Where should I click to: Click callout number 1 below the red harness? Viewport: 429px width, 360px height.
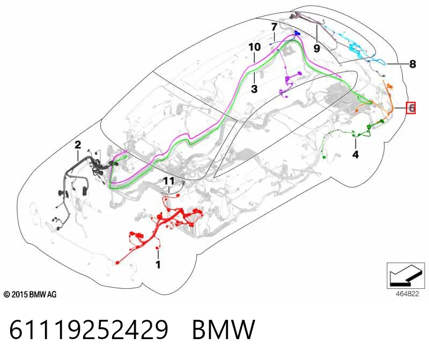[x=158, y=264]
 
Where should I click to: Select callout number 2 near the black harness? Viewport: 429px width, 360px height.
[x=78, y=145]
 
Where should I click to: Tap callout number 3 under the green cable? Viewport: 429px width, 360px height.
[x=254, y=89]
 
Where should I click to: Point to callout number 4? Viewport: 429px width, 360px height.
[x=356, y=154]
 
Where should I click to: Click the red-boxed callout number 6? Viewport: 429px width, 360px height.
[x=411, y=108]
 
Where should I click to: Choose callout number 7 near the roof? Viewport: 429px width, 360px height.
[x=274, y=27]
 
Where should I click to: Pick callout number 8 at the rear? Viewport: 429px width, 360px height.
[x=412, y=64]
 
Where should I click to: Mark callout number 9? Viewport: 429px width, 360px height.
[x=316, y=48]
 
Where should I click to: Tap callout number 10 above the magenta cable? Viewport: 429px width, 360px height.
[x=254, y=47]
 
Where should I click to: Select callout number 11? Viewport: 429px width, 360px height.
[x=169, y=181]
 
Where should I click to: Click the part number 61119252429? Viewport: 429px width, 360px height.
[x=88, y=329]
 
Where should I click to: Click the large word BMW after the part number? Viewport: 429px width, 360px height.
[x=224, y=329]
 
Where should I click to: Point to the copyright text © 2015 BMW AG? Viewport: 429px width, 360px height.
[x=30, y=295]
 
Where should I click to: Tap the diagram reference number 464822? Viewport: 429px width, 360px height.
[x=408, y=294]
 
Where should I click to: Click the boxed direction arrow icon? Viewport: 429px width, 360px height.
[x=406, y=275]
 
